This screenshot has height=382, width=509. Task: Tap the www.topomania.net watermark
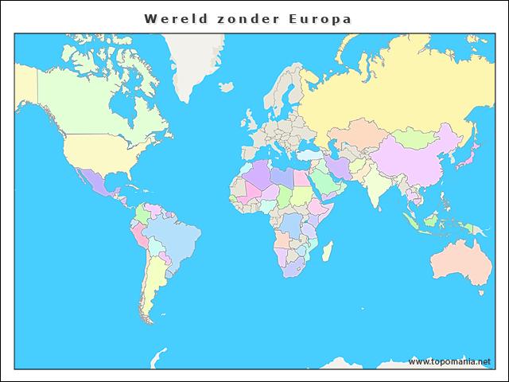click(x=449, y=361)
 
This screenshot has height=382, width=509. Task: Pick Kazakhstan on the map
click(x=358, y=131)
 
